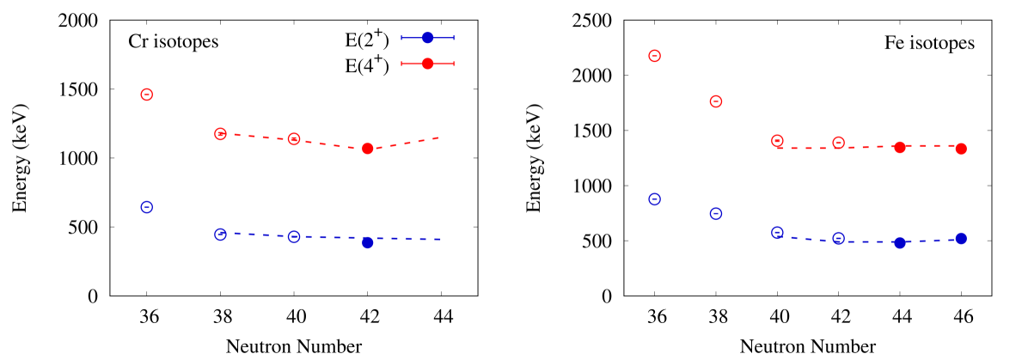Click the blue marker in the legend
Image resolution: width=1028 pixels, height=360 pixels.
(x=427, y=38)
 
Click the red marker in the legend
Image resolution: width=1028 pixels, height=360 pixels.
(x=427, y=64)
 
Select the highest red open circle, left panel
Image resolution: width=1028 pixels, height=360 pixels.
(x=147, y=95)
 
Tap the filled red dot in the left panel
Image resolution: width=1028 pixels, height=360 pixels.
(x=368, y=149)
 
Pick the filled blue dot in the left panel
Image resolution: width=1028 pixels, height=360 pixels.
(x=368, y=242)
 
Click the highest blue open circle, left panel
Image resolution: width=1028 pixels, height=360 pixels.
(x=147, y=207)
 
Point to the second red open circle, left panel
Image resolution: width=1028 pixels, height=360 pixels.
(x=220, y=134)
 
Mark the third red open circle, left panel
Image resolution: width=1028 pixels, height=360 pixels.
(x=294, y=139)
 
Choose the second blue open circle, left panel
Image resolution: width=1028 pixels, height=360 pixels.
(x=220, y=234)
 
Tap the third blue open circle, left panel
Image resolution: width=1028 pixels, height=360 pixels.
(x=294, y=236)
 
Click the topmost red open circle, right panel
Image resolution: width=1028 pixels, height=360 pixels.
(x=654, y=56)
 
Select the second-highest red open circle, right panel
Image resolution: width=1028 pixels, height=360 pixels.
(x=716, y=101)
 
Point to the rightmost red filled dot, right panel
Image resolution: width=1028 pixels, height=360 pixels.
(x=961, y=149)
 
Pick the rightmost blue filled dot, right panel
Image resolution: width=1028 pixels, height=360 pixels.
(x=961, y=238)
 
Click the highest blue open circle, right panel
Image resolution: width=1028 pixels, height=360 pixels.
(x=654, y=199)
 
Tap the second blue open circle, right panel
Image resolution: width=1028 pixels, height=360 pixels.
(x=716, y=214)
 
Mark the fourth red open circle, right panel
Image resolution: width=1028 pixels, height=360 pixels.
(x=839, y=143)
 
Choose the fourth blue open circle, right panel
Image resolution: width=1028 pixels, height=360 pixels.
(x=839, y=238)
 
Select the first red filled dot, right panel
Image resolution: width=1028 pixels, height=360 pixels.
(x=900, y=147)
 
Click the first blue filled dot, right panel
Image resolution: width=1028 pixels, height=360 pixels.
(x=900, y=242)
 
